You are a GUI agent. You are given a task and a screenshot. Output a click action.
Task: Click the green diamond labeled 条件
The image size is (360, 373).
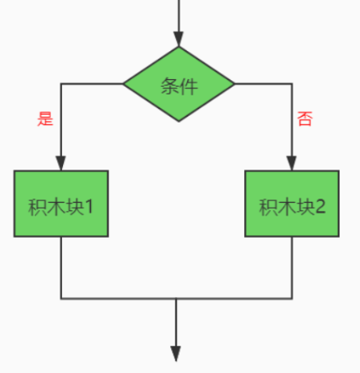tap(179, 84)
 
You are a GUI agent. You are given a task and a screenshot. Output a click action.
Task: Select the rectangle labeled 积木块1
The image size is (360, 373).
tap(61, 204)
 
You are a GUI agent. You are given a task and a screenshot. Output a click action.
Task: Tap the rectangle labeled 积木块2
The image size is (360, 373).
tap(292, 204)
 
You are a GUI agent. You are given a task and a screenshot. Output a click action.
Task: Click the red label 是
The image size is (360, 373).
tap(45, 119)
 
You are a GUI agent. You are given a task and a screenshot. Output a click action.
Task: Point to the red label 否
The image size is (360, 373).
tap(305, 118)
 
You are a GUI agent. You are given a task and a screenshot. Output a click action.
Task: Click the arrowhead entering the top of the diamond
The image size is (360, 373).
tap(179, 39)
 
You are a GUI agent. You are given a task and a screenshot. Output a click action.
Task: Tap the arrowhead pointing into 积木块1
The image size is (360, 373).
tap(61, 164)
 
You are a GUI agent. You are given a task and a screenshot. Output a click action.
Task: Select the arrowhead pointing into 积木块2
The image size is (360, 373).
tap(292, 164)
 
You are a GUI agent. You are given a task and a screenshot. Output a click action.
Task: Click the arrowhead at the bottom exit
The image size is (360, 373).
tap(176, 354)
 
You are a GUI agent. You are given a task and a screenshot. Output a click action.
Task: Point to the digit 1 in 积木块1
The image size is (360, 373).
tap(89, 207)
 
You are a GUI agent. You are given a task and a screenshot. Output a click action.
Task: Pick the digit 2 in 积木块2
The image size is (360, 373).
tap(320, 207)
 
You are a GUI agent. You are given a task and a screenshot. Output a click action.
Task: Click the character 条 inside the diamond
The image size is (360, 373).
tap(169, 86)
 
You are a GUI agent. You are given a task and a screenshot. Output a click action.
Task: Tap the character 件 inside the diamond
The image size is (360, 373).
tap(188, 86)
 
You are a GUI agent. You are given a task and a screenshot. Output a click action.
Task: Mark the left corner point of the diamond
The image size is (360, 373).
tap(123, 83)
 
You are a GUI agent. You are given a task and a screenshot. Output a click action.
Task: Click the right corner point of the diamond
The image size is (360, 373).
tap(234, 83)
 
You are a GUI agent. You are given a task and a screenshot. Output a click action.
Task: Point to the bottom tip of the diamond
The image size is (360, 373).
tap(179, 122)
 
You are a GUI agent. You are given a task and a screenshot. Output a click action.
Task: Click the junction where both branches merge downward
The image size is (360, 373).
tap(176, 299)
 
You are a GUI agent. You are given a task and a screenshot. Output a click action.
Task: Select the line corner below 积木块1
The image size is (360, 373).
tap(61, 299)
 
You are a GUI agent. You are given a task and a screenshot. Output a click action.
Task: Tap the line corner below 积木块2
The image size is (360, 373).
tap(292, 299)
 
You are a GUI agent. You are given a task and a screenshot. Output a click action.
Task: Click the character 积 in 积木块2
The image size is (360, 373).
tap(268, 207)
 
